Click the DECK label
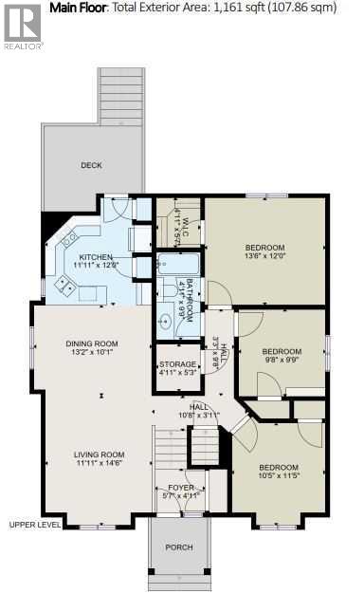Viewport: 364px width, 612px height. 91,165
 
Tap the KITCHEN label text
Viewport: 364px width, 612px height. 96,257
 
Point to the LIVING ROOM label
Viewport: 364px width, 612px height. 100,454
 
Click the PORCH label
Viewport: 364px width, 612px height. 178,547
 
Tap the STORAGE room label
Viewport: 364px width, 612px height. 178,364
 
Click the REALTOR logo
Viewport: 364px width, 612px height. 21,25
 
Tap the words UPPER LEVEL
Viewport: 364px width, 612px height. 35,524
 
